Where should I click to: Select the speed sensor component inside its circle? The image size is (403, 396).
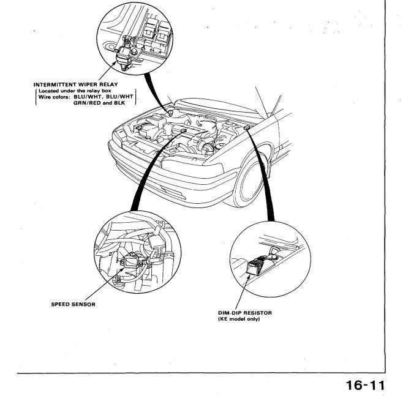(130, 261)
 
